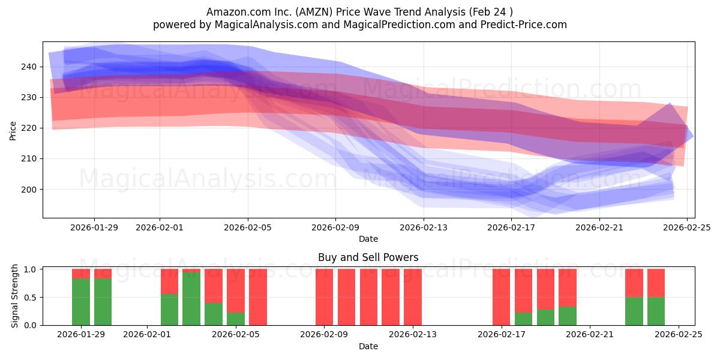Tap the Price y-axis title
point(13,130)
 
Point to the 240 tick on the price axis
point(29,67)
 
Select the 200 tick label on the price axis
point(29,190)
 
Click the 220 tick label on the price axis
point(29,128)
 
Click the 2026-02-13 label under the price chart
point(424,227)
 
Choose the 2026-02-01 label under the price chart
point(160,227)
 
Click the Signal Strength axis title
point(15,297)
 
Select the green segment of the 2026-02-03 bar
point(191,299)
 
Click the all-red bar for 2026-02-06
point(257,297)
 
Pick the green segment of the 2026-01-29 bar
point(81,302)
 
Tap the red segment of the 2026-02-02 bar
point(169,281)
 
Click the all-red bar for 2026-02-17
point(501,297)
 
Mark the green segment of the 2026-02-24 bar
point(656,311)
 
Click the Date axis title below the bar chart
point(368,346)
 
